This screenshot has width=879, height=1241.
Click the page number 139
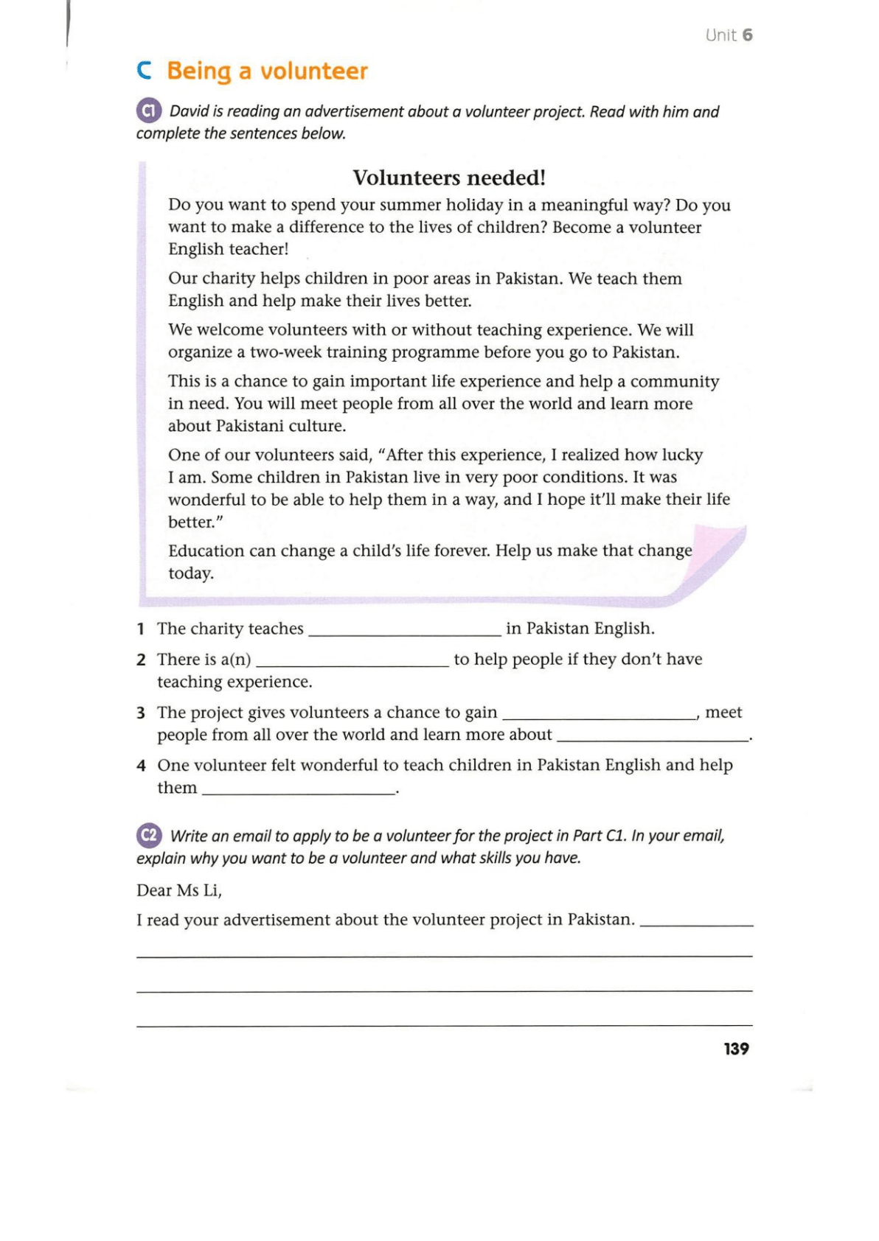pos(736,1049)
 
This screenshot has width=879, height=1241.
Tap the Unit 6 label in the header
pos(729,35)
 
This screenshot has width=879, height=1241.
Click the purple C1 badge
pos(149,111)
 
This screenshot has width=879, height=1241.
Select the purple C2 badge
pos(149,835)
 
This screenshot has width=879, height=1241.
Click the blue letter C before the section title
pos(145,71)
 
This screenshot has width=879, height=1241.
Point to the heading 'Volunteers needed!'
pos(449,178)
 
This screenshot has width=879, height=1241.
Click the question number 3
pos(141,713)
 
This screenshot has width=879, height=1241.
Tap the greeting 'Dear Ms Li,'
pos(179,890)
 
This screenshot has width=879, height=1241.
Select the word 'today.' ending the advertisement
pos(191,573)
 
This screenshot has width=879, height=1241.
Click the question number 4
pos(141,766)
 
